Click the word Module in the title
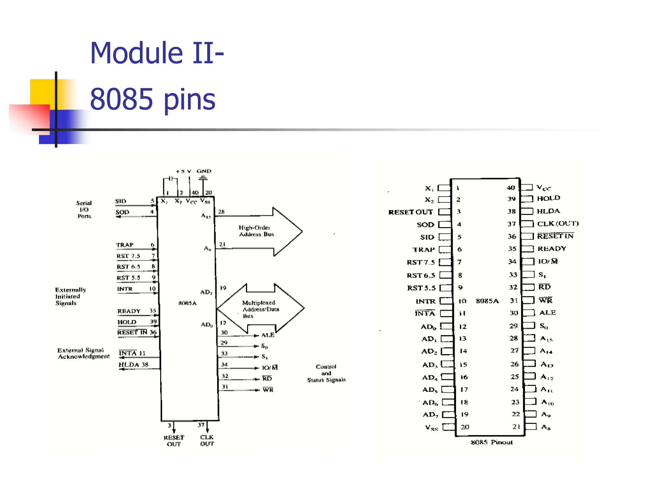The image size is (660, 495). [137, 53]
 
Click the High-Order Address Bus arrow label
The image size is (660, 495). [256, 231]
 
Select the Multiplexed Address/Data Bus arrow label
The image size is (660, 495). [260, 309]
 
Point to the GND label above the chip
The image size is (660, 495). [204, 171]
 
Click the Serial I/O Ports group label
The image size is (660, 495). [84, 209]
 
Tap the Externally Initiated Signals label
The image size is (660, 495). [70, 296]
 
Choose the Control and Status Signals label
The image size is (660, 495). [326, 373]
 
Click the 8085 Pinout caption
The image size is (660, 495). [491, 442]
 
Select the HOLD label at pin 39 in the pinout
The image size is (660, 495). [548, 198]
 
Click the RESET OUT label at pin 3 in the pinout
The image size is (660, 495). [410, 212]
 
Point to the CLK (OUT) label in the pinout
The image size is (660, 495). [558, 223]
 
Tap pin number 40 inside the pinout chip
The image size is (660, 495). [510, 188]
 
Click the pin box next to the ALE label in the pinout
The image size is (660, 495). [529, 313]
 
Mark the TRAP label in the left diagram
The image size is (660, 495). [125, 245]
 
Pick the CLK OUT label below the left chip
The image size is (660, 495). [207, 440]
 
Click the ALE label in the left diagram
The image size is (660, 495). [268, 335]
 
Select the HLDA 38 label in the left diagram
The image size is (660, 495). [133, 364]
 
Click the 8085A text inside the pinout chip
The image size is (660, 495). [487, 301]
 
